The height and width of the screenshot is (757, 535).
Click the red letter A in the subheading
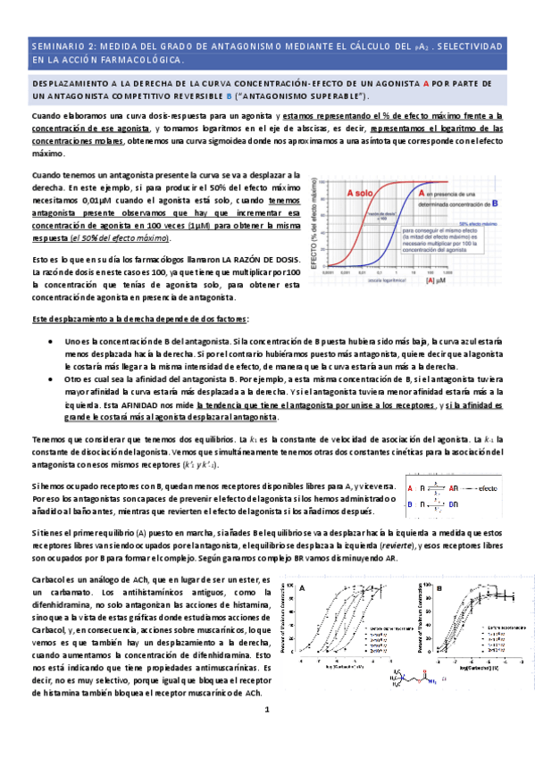tap(437, 82)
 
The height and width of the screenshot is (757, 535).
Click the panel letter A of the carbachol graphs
tap(303, 589)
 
